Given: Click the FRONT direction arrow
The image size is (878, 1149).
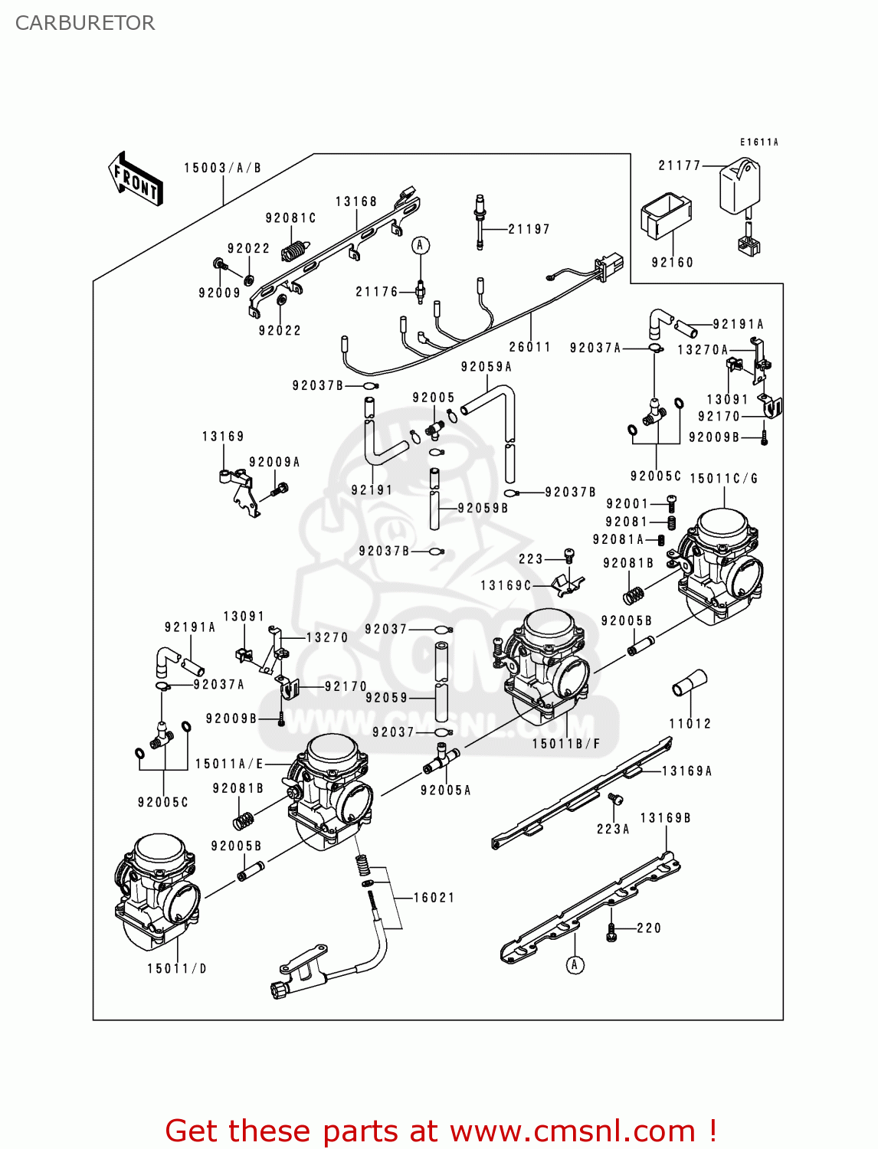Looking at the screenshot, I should point(136,179).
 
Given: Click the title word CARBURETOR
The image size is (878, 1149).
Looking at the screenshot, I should point(85,23).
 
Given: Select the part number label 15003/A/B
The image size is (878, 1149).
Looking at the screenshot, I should point(222,168).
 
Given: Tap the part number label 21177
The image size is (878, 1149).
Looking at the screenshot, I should point(680,165).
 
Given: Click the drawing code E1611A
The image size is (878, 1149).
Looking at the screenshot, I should point(758,142).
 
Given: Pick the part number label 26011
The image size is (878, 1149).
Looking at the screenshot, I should point(529,346).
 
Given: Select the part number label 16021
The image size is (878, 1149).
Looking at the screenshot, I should point(434,897).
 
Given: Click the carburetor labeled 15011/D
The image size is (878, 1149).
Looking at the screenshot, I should point(158,889).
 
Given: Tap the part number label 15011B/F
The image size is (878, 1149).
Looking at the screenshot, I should point(566,743).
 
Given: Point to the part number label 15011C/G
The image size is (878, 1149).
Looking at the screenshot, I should point(723,478).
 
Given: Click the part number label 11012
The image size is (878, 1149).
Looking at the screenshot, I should point(690,723).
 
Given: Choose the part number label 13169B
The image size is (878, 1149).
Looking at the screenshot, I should point(665,817).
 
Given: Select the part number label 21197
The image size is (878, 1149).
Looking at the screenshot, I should point(529,228).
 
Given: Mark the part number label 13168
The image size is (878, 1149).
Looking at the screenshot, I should point(356,201).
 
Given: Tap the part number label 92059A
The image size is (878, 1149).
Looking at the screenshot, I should point(486,366).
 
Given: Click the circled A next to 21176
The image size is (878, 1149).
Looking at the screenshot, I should point(420,245).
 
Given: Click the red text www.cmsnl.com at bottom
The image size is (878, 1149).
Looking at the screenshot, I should point(572,1131).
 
